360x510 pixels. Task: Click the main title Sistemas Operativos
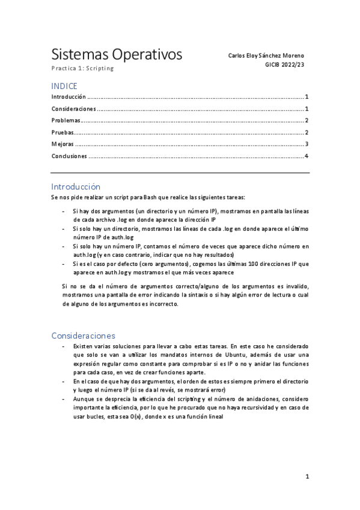(116, 55)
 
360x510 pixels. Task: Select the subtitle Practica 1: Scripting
(82, 69)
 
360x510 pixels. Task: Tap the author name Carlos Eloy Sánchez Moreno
(266, 55)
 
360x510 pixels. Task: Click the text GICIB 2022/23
(284, 64)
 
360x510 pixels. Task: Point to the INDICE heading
(64, 86)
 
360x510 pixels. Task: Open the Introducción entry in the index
(69, 97)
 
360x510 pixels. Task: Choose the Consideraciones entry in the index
(73, 109)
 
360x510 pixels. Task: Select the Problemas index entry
(66, 120)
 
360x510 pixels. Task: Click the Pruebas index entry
(63, 132)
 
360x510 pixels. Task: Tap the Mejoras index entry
(63, 144)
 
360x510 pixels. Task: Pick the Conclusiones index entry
(69, 156)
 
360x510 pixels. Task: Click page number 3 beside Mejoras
(307, 144)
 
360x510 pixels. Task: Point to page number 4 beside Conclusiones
(307, 156)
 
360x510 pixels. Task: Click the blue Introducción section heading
(76, 186)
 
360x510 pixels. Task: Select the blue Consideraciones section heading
(83, 336)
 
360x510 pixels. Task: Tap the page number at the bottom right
(307, 477)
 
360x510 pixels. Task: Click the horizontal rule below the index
(180, 173)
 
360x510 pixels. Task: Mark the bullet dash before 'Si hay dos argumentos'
(64, 212)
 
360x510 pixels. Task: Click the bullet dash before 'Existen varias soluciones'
(64, 347)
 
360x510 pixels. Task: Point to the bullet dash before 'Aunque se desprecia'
(64, 399)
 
